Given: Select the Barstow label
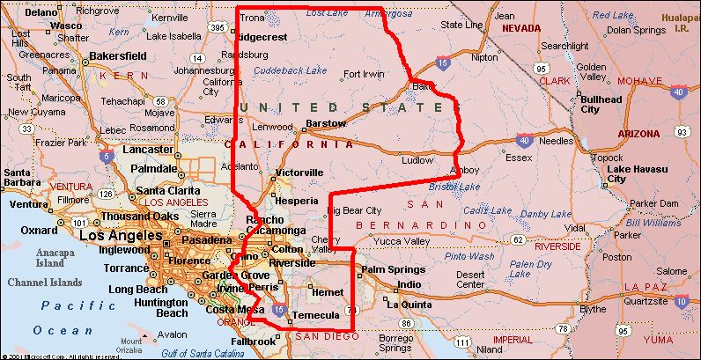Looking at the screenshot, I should [326, 123].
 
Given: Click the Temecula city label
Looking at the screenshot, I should [315, 315].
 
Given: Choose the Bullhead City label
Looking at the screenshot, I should [602, 104].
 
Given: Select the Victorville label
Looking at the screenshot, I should [299, 172].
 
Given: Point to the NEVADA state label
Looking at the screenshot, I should [520, 28].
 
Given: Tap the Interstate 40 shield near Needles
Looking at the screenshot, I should [525, 139].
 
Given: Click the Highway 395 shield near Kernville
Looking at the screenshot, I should [217, 29].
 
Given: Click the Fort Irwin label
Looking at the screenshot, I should [365, 74].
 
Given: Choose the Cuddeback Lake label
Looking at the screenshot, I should [291, 70].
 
